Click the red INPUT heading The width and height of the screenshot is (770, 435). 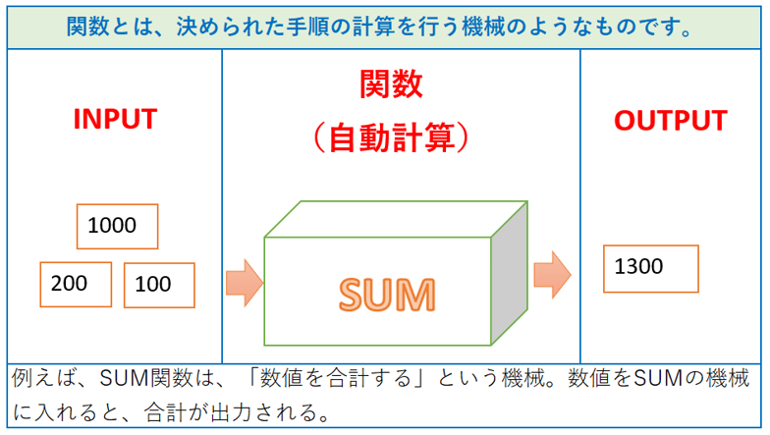[x=115, y=119]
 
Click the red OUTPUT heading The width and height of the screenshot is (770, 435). [x=670, y=121]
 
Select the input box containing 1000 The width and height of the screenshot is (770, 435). [x=117, y=226]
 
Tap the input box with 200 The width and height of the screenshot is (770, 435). [x=74, y=284]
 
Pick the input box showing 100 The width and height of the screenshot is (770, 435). [x=158, y=285]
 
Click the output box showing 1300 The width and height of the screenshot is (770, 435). [x=650, y=268]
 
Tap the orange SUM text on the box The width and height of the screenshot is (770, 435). [x=387, y=294]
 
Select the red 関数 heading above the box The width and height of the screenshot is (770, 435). [x=391, y=84]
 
